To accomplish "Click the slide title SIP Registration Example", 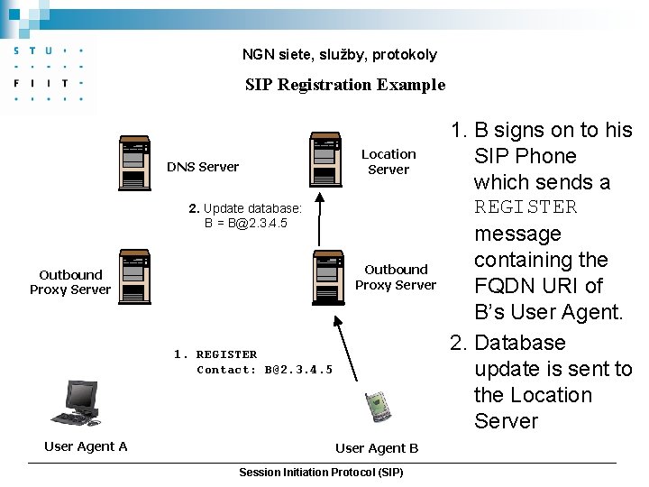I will point(345,85).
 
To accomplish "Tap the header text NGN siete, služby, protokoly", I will point(339,55).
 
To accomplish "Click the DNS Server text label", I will point(203,167).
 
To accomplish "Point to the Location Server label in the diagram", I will point(388,161).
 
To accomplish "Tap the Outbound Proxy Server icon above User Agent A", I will point(135,279).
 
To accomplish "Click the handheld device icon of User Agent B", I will point(378,406).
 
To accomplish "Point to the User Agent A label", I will point(86,446).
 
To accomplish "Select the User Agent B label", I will point(377,448).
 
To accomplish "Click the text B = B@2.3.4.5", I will point(246,223).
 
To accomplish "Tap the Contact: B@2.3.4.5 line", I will point(264,370).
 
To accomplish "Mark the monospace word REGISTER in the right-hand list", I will point(526,207).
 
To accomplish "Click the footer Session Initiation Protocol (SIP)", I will point(321,473).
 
